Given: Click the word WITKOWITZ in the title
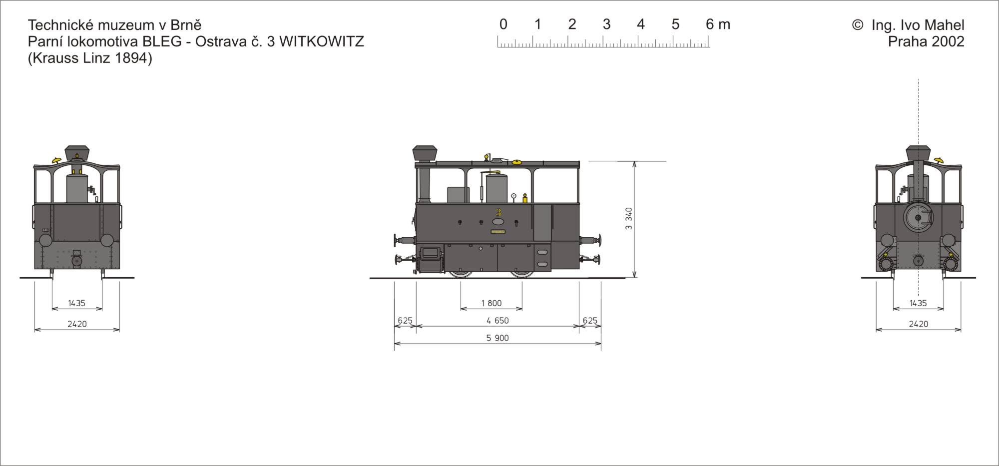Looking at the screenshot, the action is tap(321, 41).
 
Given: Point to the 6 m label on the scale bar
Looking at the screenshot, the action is tap(718, 24).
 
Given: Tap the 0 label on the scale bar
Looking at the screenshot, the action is tap(503, 24).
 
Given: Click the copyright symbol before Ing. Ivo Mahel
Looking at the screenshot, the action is tap(857, 25).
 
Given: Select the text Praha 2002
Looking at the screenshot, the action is tap(926, 41).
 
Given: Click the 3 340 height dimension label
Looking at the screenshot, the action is tap(629, 219).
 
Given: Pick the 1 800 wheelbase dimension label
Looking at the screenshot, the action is tap(492, 303).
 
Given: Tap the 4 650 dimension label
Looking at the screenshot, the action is tap(498, 321).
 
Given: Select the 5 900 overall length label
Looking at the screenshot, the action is tap(498, 338).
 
